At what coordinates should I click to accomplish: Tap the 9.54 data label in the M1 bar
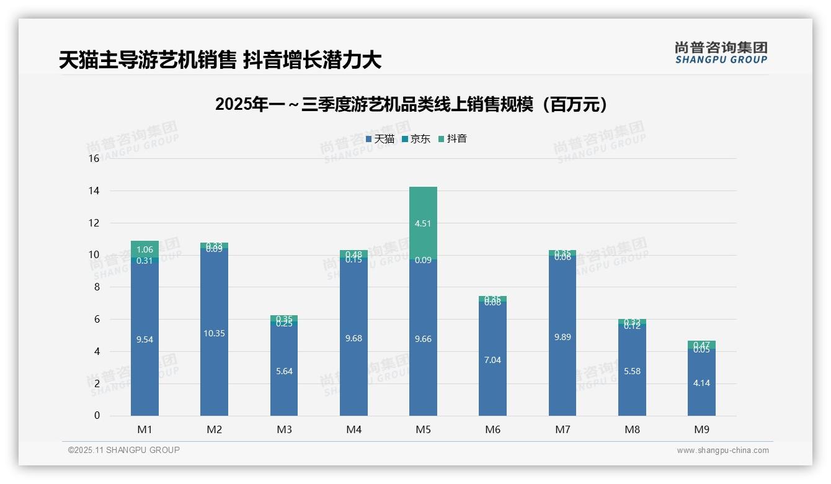point(144,339)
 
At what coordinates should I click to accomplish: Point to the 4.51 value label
point(423,224)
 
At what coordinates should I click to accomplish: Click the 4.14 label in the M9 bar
point(701,383)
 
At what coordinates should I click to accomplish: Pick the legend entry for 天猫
point(380,139)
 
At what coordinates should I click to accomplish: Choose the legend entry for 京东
point(416,139)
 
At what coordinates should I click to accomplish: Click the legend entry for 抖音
point(453,139)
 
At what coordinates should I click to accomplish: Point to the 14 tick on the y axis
point(94,190)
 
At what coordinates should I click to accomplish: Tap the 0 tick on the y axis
point(97,416)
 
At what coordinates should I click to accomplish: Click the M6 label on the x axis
point(493,429)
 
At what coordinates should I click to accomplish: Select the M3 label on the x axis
point(284,429)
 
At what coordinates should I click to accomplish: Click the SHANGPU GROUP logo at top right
point(721,53)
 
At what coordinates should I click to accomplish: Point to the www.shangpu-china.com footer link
point(722,450)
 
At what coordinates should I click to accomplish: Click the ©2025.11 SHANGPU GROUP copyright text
point(124,450)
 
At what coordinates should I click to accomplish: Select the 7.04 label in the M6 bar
point(493,360)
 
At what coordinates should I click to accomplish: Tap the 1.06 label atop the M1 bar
point(144,250)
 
